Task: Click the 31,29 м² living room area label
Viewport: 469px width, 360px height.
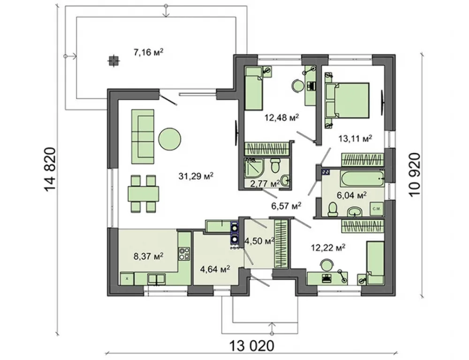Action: pyautogui.click(x=196, y=176)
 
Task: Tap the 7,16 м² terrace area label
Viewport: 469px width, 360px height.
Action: pyautogui.click(x=148, y=52)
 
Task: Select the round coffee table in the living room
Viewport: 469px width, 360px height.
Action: pyautogui.click(x=170, y=139)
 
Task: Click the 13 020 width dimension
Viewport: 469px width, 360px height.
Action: pyautogui.click(x=251, y=346)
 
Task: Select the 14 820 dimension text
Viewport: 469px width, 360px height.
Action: pyautogui.click(x=50, y=170)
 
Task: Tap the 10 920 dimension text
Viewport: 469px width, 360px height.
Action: pyautogui.click(x=415, y=175)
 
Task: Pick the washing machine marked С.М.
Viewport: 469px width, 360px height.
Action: pyautogui.click(x=377, y=209)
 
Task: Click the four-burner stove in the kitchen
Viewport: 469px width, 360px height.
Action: pyautogui.click(x=184, y=253)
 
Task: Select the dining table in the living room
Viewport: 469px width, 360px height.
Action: pyautogui.click(x=144, y=194)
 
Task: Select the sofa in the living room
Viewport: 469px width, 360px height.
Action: pyautogui.click(x=143, y=137)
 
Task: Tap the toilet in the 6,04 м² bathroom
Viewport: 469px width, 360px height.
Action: pyautogui.click(x=333, y=210)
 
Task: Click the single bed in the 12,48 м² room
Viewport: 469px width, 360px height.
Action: pyautogui.click(x=254, y=89)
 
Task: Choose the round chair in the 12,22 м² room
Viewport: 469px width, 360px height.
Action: pyautogui.click(x=326, y=265)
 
